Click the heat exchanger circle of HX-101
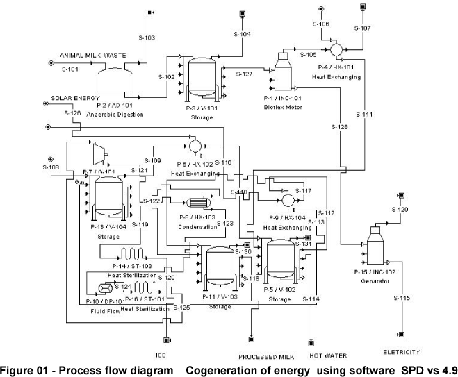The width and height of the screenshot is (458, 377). point(336,49)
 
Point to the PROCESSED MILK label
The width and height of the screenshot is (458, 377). point(263,357)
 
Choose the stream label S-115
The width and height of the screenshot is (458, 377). point(401,298)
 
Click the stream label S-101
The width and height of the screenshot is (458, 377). point(72,69)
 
